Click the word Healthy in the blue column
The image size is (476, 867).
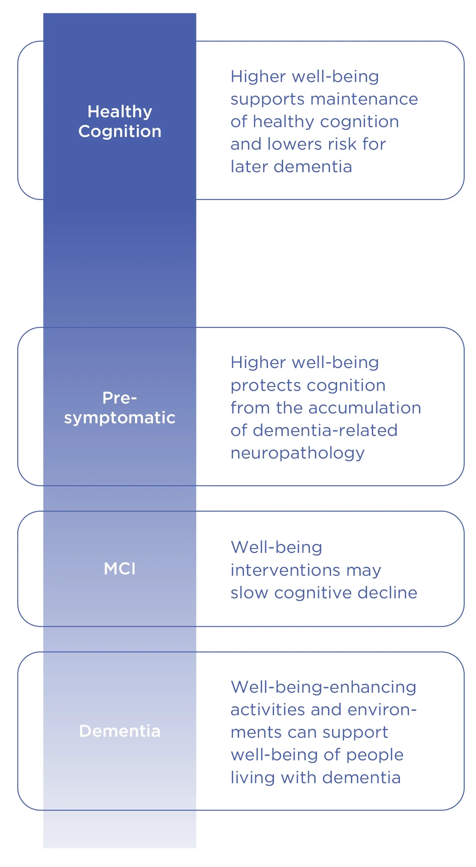coord(120,112)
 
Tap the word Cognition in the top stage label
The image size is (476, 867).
coord(120,131)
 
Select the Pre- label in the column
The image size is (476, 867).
coord(120,398)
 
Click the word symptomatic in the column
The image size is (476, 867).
coord(120,418)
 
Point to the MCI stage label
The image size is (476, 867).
coord(120,569)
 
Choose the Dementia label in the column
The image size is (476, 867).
coord(120,731)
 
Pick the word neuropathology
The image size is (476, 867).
coord(297,453)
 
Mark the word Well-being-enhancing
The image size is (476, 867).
coord(323,687)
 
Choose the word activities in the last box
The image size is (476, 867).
coord(268,710)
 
